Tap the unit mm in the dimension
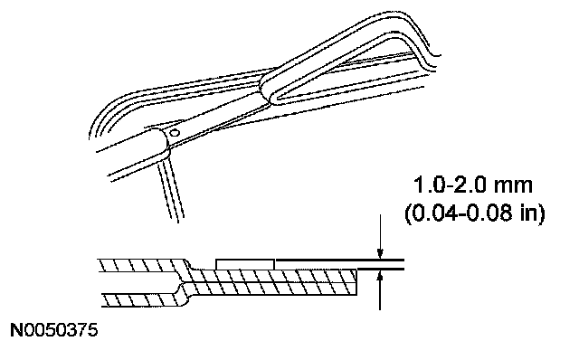coord(513,186)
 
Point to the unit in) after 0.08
coord(534,213)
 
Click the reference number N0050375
coord(54,330)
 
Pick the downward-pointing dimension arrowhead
coord(380,253)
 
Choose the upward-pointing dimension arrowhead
coord(380,276)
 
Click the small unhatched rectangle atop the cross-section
coord(245,264)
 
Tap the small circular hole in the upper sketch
coord(175,133)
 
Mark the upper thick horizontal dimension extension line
coord(340,261)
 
